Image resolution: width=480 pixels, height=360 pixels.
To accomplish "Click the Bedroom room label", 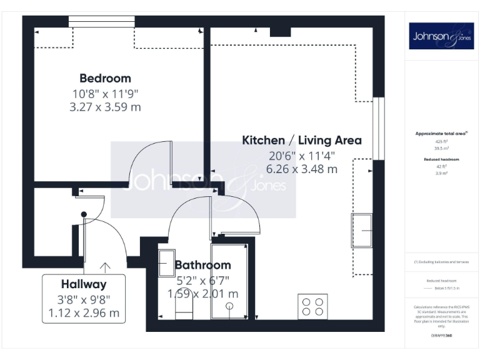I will point(105,78).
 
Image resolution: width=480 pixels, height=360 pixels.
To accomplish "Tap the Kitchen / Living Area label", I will point(301,140).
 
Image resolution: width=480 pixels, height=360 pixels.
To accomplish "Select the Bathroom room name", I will point(202,265).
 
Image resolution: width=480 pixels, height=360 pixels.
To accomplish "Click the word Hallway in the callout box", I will point(84,284).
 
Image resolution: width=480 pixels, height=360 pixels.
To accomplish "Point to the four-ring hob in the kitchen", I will point(312,306).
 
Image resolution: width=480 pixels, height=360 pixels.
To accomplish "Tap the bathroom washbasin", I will point(167,262).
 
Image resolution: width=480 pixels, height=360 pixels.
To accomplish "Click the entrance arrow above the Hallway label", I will point(105,267).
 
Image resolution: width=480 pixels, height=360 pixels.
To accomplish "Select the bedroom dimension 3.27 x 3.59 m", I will point(105,107).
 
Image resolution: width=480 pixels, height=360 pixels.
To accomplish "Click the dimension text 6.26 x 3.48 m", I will point(301,169).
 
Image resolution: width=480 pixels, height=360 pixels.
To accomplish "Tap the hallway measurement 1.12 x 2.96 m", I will point(84,312).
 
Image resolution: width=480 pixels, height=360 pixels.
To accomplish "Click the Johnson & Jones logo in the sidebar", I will point(441,36).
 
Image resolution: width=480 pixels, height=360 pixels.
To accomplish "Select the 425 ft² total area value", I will point(441,141).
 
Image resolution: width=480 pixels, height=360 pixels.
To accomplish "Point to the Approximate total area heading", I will point(441,134).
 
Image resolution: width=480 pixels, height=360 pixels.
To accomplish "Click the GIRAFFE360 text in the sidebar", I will point(441,336).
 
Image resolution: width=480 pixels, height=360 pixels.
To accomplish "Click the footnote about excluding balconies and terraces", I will point(441,262).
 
